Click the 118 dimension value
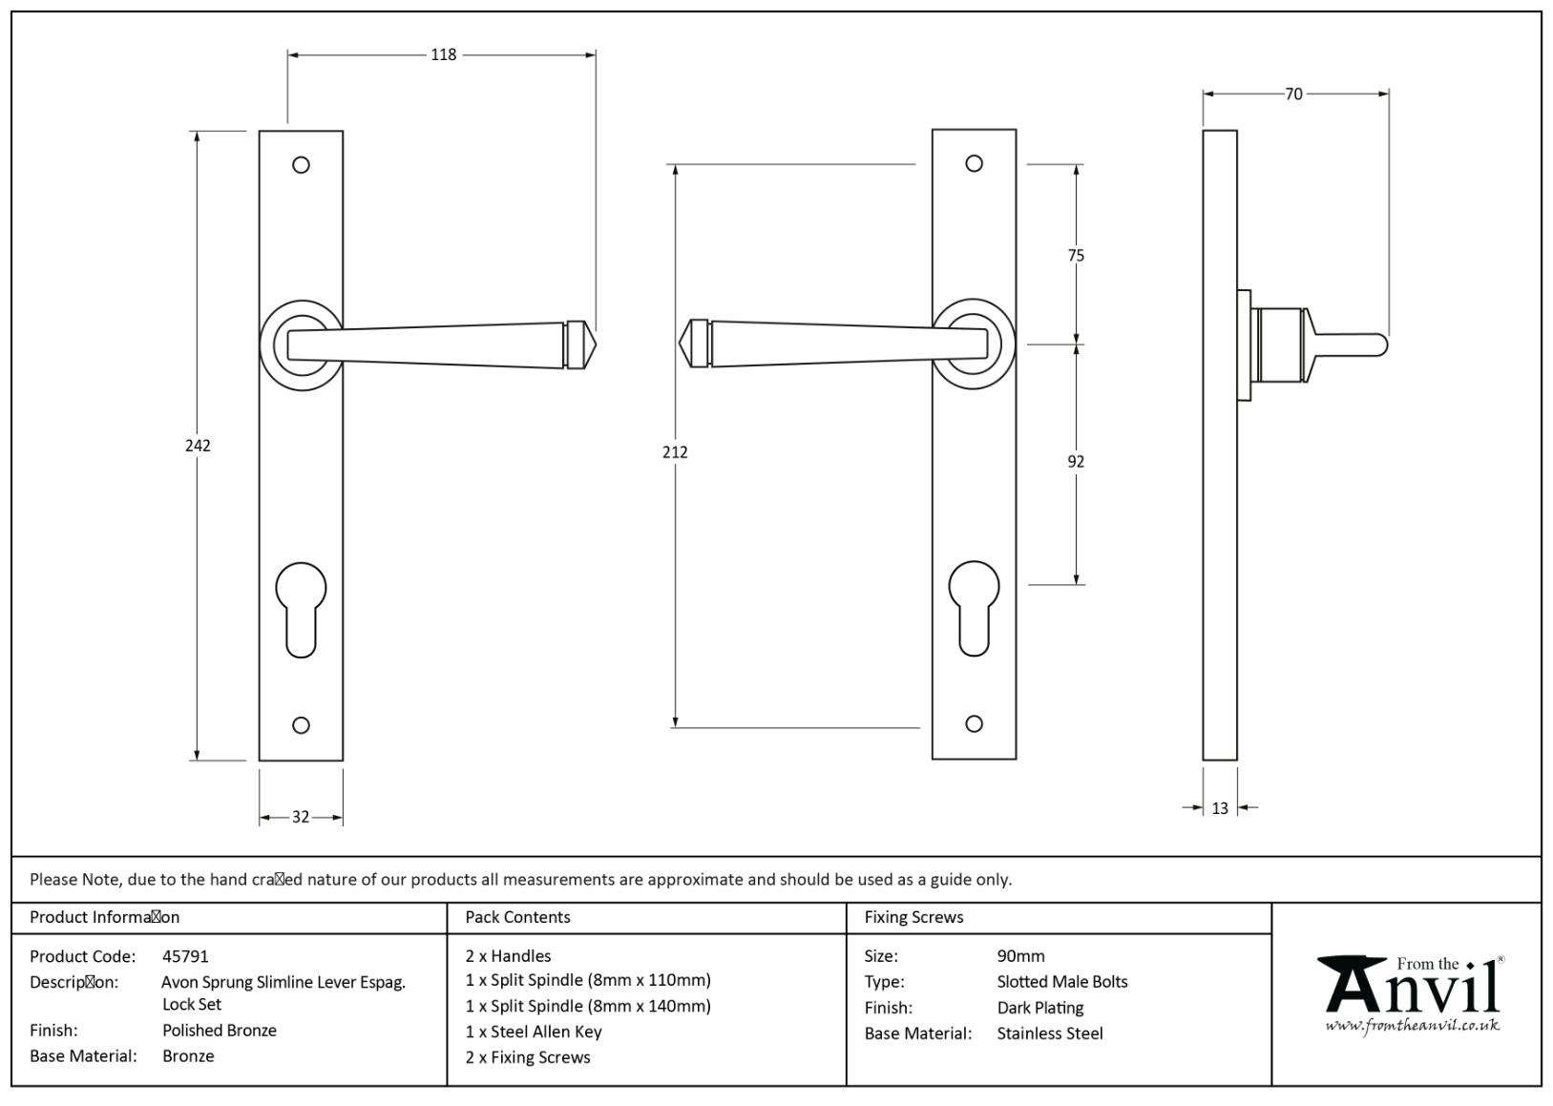click(x=443, y=55)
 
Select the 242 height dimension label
click(x=198, y=446)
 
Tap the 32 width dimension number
click(x=301, y=817)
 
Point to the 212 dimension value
click(x=675, y=452)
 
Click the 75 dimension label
click(x=1076, y=256)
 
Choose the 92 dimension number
click(x=1076, y=462)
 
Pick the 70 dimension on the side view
click(x=1293, y=94)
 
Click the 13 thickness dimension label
click(x=1220, y=808)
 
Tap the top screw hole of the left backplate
click(x=301, y=165)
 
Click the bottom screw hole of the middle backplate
click(x=974, y=723)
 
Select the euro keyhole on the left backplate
click(x=301, y=608)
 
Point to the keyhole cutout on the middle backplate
click(x=974, y=607)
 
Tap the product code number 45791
click(x=185, y=956)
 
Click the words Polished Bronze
click(x=220, y=1031)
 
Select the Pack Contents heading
click(x=517, y=917)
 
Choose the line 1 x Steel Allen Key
click(x=534, y=1032)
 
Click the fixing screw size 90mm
click(x=1020, y=956)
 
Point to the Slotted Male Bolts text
click(x=1062, y=982)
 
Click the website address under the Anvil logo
click(x=1412, y=1025)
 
